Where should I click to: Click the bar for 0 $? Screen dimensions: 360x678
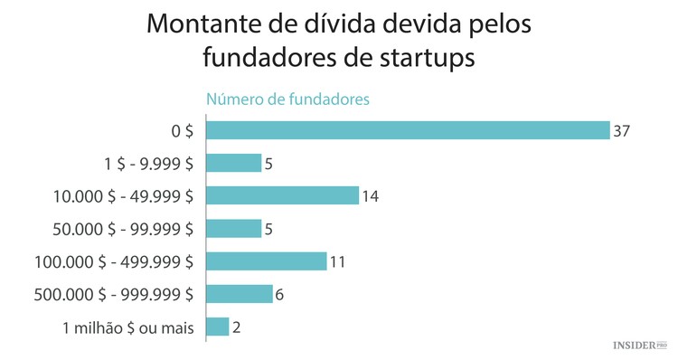pyautogui.click(x=408, y=130)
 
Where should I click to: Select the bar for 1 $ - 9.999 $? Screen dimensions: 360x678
pyautogui.click(x=233, y=163)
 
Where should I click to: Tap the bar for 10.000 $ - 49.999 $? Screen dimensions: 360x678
pyautogui.click(x=283, y=195)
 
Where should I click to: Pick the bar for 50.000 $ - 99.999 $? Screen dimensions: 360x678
pyautogui.click(x=233, y=228)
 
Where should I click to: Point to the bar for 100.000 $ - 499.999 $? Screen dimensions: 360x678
pyautogui.click(x=267, y=261)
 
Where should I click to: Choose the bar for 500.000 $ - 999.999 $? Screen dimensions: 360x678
pyautogui.click(x=240, y=294)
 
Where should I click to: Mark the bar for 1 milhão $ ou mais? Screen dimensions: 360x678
pyautogui.click(x=218, y=327)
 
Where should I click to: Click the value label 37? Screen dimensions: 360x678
pyautogui.click(x=620, y=131)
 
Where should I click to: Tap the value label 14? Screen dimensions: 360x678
pyautogui.click(x=372, y=196)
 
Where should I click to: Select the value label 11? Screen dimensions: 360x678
pyautogui.click(x=338, y=261)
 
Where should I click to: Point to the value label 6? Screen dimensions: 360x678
pyautogui.click(x=280, y=294)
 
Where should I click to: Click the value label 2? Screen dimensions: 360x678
pyautogui.click(x=237, y=327)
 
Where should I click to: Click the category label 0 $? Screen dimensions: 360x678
pyautogui.click(x=182, y=131)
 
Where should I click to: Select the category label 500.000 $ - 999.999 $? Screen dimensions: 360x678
pyautogui.click(x=113, y=294)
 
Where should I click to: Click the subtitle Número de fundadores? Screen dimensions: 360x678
pyautogui.click(x=287, y=99)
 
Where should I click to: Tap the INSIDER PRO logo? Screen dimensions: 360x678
pyautogui.click(x=639, y=345)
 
